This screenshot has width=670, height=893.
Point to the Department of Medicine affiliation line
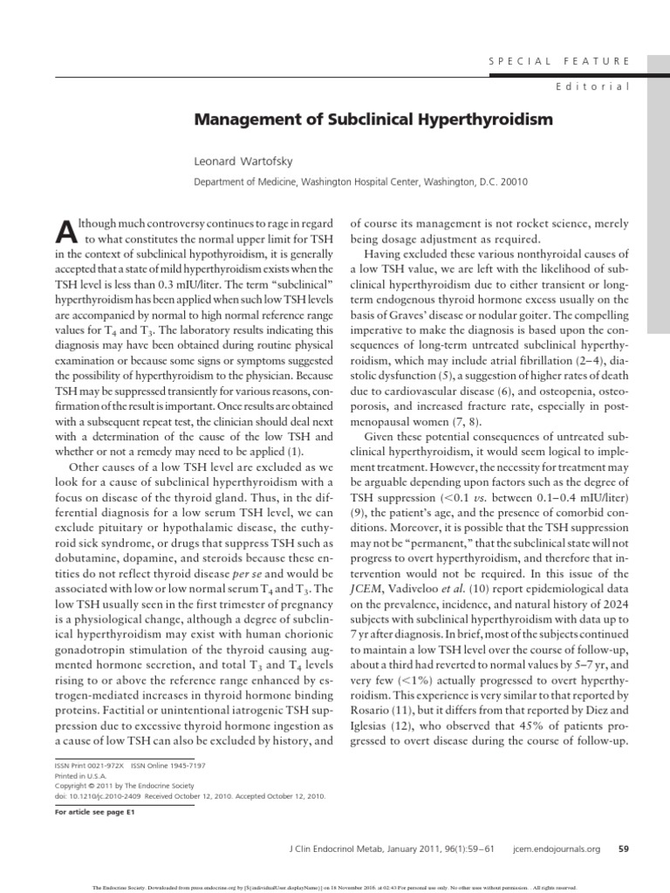click(x=360, y=182)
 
